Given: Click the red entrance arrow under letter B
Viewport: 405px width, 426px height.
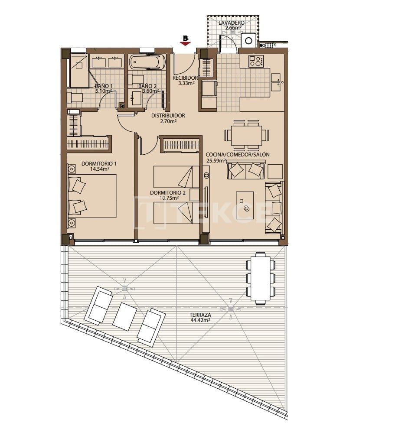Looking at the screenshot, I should coord(186,44).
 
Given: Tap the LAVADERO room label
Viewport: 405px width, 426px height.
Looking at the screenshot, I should coord(231,23).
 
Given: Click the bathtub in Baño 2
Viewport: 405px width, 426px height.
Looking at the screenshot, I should coord(147,62).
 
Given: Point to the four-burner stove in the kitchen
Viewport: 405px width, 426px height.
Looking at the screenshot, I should coord(255,61).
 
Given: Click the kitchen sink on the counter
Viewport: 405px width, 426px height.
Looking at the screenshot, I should coord(275,78).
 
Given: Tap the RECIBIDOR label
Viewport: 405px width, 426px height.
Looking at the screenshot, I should coord(185,78).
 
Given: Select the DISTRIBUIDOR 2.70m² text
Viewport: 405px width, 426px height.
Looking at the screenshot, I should coord(168,118).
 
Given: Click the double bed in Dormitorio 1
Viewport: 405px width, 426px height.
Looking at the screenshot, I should coord(92,196).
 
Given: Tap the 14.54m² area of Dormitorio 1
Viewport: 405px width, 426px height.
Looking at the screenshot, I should coord(98,169).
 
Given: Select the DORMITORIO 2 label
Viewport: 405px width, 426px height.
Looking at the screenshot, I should coord(168,192).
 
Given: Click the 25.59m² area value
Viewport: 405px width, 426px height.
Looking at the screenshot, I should coord(216,161).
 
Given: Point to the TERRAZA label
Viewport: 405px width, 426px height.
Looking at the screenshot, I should coord(200,315).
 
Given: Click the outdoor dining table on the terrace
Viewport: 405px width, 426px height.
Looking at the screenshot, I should coord(261,277).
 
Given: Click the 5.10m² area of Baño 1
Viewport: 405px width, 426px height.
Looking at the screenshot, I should coord(104,91).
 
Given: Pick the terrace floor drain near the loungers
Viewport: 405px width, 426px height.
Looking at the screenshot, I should coord(125,288).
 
